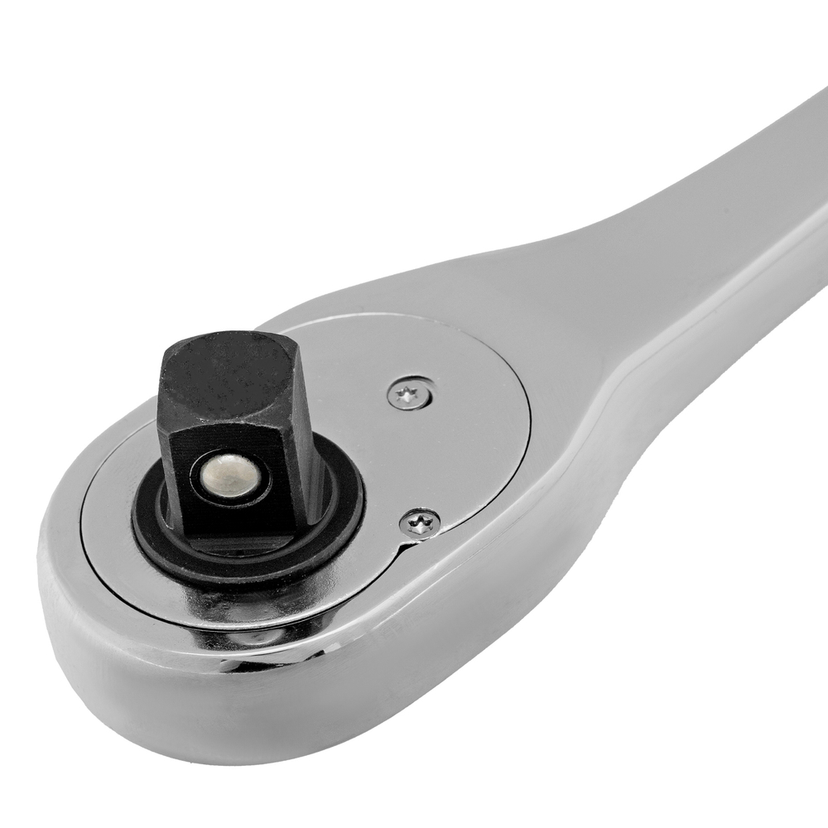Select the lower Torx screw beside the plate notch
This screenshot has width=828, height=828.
pos(420,523)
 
